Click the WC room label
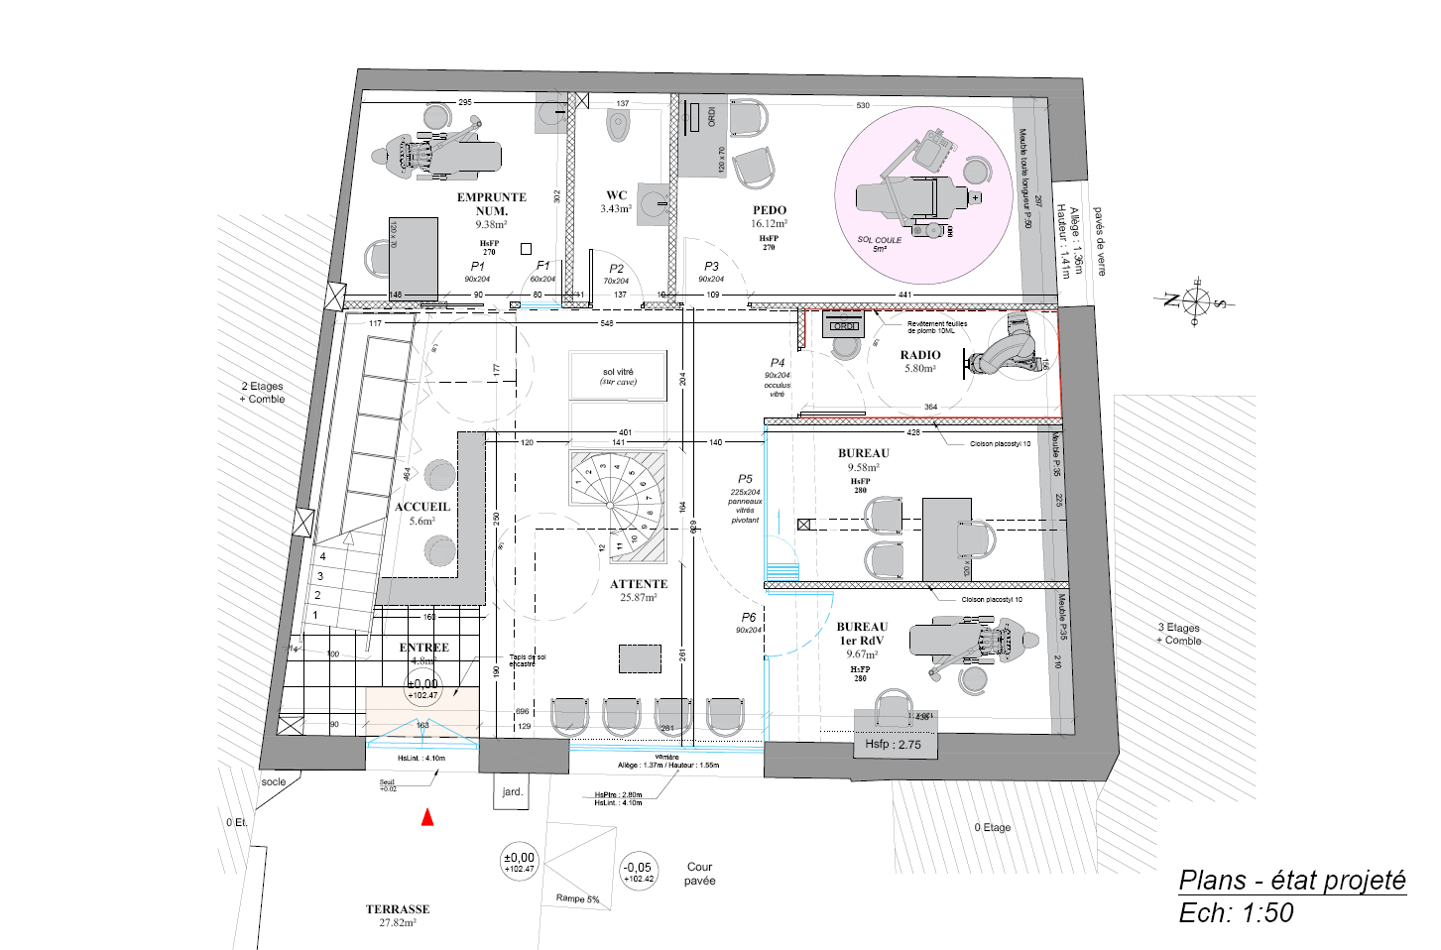tap(616, 195)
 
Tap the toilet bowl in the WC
tap(619, 126)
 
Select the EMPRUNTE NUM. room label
tap(491, 203)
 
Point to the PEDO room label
tap(769, 210)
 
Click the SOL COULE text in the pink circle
tap(880, 240)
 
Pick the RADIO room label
tap(920, 355)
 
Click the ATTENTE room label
tap(639, 584)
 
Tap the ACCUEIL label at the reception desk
tap(422, 507)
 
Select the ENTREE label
tap(423, 648)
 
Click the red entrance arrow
tap(427, 817)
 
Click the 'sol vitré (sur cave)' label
tap(618, 377)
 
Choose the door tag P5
tap(745, 479)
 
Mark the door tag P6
tap(748, 618)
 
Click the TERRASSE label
tap(398, 908)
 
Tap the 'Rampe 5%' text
tap(577, 898)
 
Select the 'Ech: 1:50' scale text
tap(1236, 913)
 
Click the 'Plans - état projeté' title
tap(1291, 881)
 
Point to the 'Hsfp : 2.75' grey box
tap(893, 745)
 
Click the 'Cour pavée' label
tap(699, 874)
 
